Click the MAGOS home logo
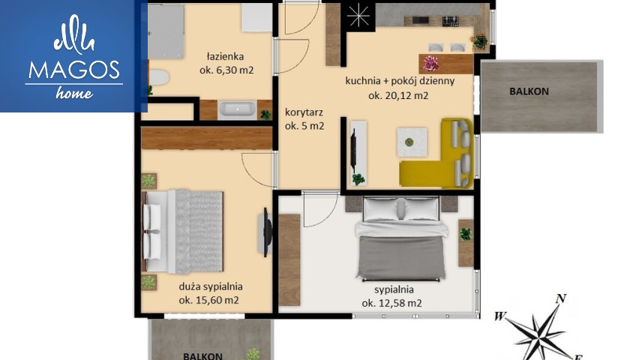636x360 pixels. [x=73, y=57]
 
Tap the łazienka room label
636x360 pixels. [x=225, y=56]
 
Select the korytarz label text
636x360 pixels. [x=304, y=112]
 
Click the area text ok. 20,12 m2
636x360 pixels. [x=398, y=96]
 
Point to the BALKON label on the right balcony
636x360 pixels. [x=529, y=91]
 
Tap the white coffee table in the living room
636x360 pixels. [x=412, y=142]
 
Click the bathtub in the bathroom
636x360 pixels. [x=237, y=109]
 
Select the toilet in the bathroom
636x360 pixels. [x=158, y=77]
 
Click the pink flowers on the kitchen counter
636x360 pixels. [x=431, y=64]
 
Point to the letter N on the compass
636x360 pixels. [x=561, y=298]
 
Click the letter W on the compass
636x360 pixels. [x=500, y=316]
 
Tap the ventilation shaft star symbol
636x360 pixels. [x=359, y=16]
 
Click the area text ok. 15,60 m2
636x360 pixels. [x=209, y=301]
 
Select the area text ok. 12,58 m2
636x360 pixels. [x=391, y=303]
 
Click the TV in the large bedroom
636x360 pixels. [x=267, y=232]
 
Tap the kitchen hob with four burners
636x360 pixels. [x=450, y=19]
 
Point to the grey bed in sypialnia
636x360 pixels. [x=401, y=238]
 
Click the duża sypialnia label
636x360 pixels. [x=211, y=286]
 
